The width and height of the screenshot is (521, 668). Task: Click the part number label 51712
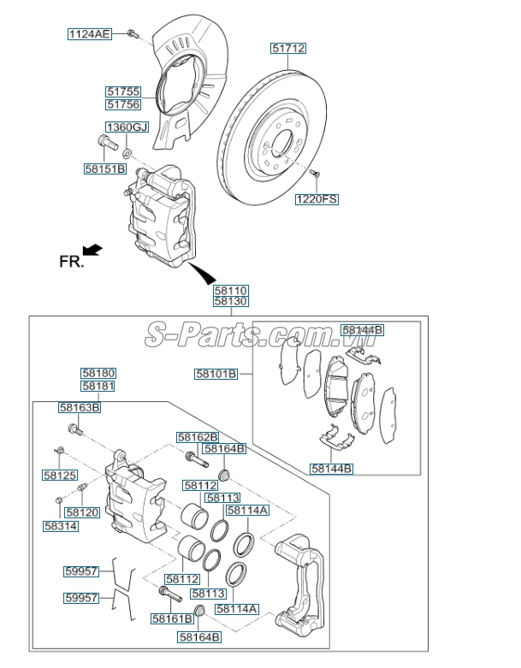click(x=289, y=49)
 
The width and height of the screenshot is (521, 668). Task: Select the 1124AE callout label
click(x=90, y=34)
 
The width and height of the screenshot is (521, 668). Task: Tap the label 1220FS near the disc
click(x=317, y=199)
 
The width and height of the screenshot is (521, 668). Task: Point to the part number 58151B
click(x=104, y=169)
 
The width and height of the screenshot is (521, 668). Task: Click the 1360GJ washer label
click(x=127, y=127)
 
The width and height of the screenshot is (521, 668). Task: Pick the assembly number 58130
click(x=231, y=302)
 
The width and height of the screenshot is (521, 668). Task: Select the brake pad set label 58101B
click(x=216, y=374)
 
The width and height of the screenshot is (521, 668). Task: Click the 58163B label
click(x=80, y=407)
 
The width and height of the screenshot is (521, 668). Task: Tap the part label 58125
click(x=60, y=474)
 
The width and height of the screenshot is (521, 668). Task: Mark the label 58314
click(x=62, y=526)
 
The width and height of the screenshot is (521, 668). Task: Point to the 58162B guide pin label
click(x=198, y=436)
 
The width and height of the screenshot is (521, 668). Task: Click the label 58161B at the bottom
click(x=172, y=618)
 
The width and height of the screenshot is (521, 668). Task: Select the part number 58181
click(x=98, y=386)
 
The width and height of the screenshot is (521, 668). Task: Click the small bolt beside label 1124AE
click(x=133, y=33)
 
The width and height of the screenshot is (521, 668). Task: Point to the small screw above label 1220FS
click(x=315, y=174)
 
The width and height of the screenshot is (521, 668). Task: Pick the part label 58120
click(x=83, y=512)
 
